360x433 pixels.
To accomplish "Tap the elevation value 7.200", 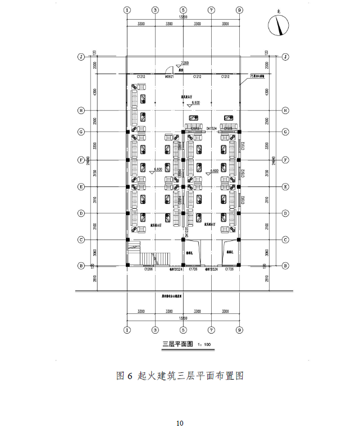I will click(x=185, y=63).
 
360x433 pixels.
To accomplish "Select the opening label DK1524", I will click(x=211, y=128).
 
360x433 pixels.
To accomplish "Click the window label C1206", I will click(x=148, y=270).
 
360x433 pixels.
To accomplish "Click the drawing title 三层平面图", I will click(x=176, y=344).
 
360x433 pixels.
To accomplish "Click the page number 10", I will click(x=180, y=423).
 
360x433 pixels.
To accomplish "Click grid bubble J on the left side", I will click(x=81, y=57).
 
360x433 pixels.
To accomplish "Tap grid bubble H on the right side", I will click(x=285, y=111).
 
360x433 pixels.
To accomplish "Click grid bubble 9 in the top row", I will click(x=239, y=10).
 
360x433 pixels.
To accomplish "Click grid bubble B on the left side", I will click(x=81, y=266).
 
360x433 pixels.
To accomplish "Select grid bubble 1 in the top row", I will click(x=127, y=10).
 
